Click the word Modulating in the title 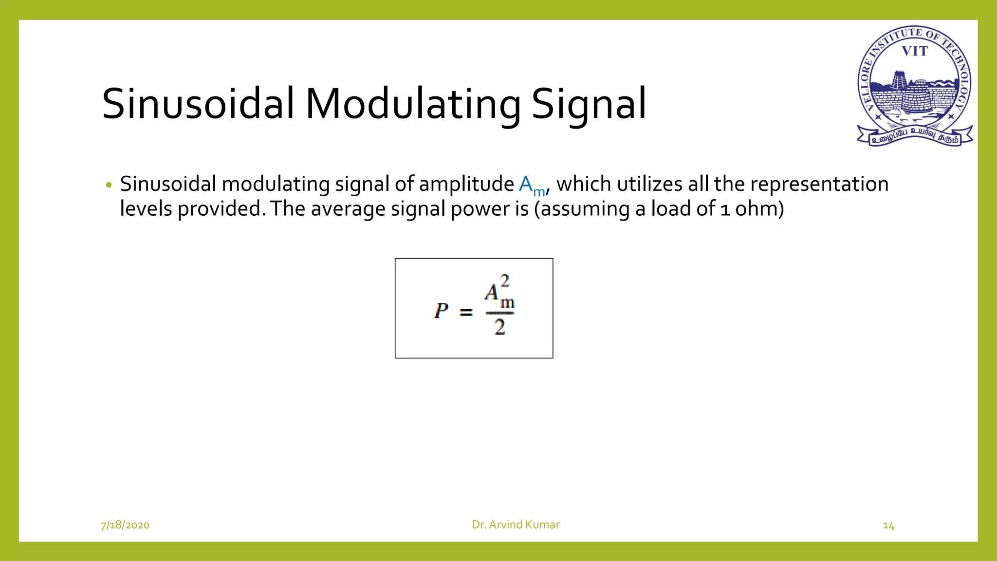coord(413,104)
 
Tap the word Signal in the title coord(589,104)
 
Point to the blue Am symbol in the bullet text coord(531,186)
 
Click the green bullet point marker coord(109,185)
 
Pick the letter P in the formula coord(441,311)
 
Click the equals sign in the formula coord(466,312)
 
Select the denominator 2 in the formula coord(499,327)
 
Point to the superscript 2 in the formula coord(505,280)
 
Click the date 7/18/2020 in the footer coord(125,525)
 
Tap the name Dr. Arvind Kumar coord(516,524)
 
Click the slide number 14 coord(888,526)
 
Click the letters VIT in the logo coord(915,51)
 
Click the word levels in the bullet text coord(146,209)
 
